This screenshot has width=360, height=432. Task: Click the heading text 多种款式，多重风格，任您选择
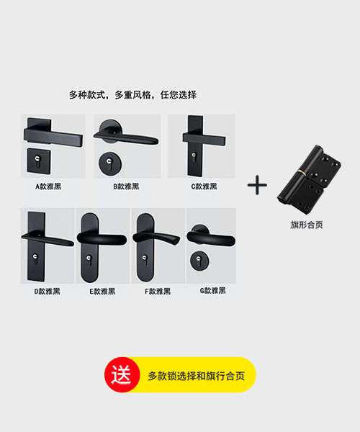point(132,94)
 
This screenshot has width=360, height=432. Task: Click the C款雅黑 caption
point(204,186)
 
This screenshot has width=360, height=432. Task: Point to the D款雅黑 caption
point(47,291)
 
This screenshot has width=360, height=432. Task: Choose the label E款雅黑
point(102,291)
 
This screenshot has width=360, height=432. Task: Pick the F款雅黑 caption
point(158,291)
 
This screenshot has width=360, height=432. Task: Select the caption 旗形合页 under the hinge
point(306,225)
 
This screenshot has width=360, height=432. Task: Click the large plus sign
point(257,185)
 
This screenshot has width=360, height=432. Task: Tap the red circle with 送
point(122,375)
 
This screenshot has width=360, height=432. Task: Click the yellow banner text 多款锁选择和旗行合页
point(195,376)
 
